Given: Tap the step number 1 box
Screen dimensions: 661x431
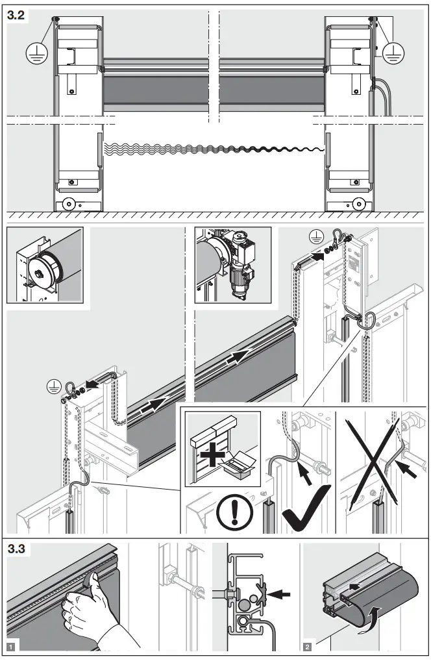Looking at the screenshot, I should [10, 646].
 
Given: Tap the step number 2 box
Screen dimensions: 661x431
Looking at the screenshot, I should [307, 646].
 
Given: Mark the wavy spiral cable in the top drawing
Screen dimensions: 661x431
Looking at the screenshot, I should [214, 150].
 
